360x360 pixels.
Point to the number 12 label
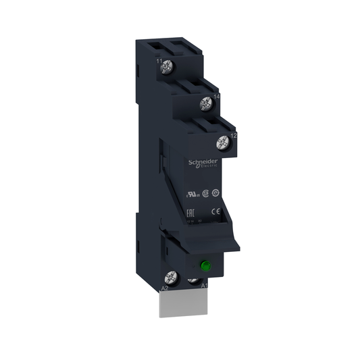232,136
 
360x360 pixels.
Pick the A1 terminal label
205,286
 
